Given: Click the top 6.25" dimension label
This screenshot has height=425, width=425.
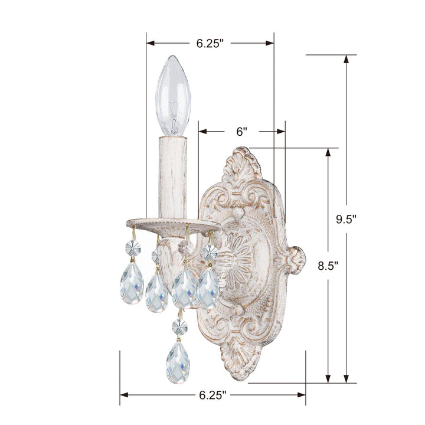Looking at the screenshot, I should (210, 43).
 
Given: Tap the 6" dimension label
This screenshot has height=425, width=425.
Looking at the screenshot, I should (241, 132).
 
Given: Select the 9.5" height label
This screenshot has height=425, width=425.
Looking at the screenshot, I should (346, 219).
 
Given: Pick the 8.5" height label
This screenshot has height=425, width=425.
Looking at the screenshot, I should (327, 266).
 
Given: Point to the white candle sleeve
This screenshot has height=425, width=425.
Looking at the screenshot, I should (172, 175).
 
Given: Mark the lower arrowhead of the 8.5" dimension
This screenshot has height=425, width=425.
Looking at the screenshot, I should (327, 379).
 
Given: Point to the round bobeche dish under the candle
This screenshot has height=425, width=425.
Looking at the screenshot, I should (171, 223).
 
